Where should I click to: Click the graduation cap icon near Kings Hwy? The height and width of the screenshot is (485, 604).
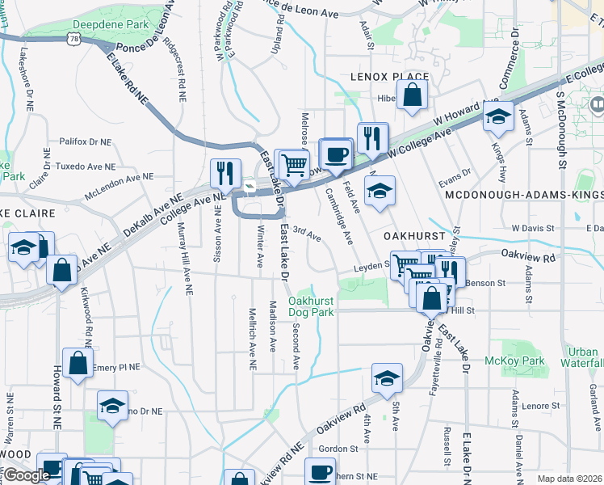498,117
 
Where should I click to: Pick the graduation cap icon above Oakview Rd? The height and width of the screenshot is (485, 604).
387,377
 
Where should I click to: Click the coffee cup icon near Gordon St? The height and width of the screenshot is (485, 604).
319,471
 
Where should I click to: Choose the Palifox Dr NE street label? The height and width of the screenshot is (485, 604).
85,141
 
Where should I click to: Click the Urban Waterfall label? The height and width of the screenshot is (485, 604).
583,357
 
